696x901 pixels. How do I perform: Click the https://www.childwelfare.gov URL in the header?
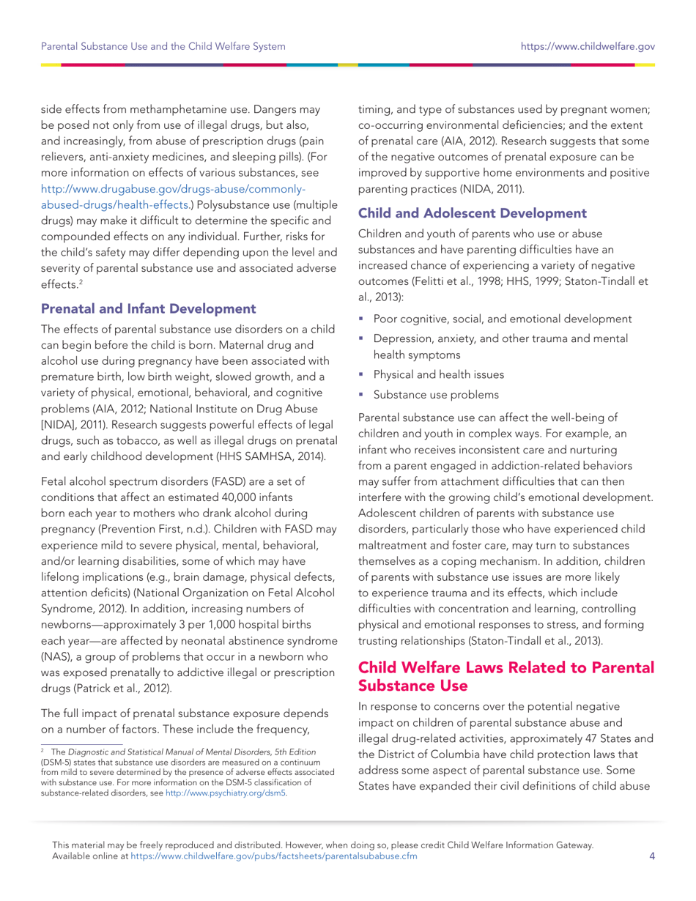[587, 47]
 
